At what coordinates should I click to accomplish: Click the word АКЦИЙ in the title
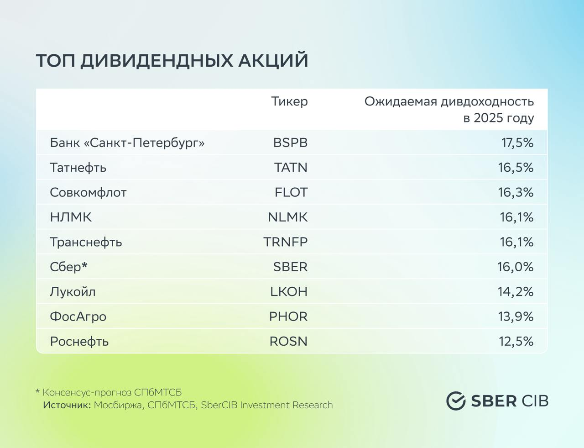pos(273,60)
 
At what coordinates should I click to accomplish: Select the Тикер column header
pos(289,101)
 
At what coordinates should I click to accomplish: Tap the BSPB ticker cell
pos(290,142)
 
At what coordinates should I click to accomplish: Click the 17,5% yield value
pos(517,143)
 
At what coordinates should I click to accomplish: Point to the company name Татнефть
pos(78,168)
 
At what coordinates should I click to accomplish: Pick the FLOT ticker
pos(291,192)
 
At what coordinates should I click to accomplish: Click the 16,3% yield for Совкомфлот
pos(516,193)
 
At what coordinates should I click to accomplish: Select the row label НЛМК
pos(71,217)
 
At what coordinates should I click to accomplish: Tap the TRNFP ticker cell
pos(286,242)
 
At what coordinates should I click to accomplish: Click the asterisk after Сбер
pos(84,264)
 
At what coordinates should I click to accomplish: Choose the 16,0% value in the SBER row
pos(515,267)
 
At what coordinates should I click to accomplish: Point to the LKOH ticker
pos(289,291)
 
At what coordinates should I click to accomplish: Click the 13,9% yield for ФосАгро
pos(516,316)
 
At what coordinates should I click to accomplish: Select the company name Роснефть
pos(79,342)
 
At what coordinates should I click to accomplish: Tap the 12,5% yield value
pos(516,342)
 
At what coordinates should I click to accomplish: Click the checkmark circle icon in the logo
pos(456,401)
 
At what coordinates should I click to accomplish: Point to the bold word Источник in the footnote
pos(67,405)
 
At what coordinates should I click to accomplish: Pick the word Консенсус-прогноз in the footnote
pos(87,393)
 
